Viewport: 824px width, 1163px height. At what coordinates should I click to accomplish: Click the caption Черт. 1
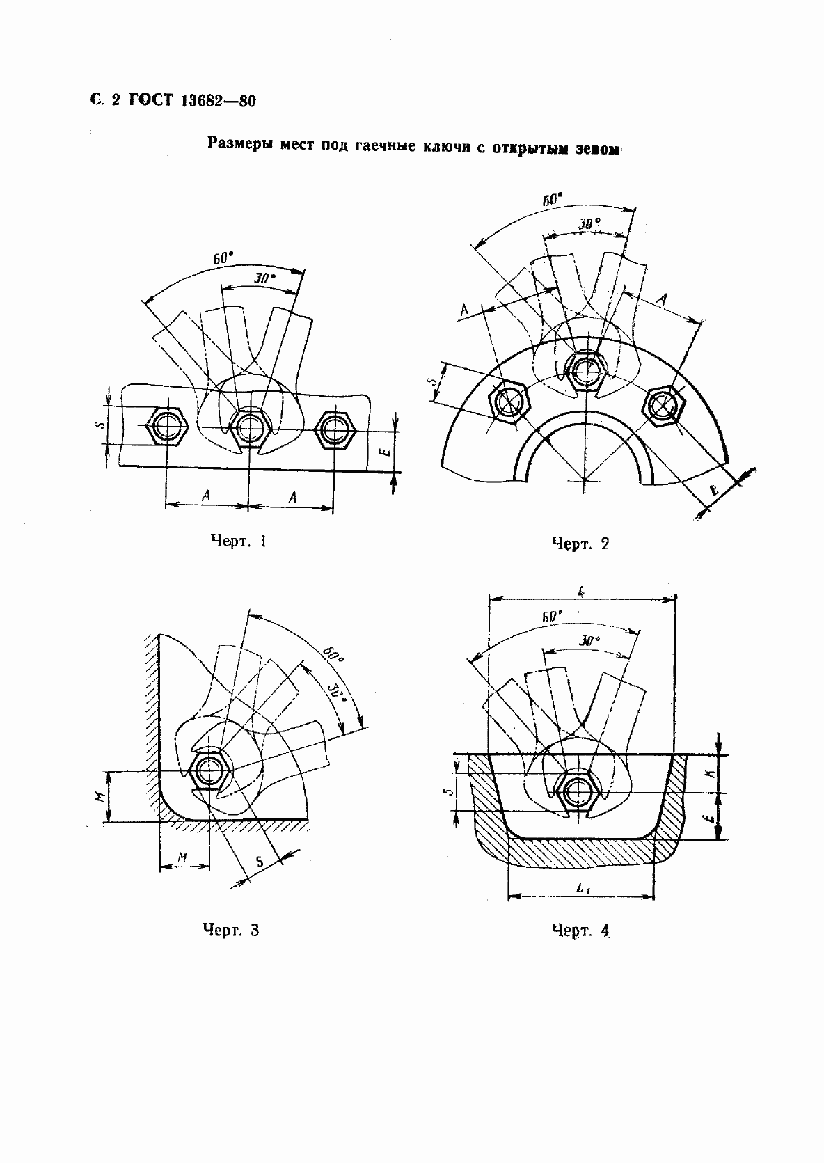point(239,541)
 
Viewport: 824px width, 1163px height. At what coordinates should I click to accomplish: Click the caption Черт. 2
point(580,544)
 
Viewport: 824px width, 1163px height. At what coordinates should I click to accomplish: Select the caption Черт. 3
point(231,929)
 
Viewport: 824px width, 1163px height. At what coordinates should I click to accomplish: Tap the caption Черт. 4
point(580,930)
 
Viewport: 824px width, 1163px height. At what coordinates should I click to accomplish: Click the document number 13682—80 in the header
point(218,101)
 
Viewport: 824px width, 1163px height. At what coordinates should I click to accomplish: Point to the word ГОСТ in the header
point(150,100)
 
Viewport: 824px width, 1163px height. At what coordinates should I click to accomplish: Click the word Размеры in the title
point(240,143)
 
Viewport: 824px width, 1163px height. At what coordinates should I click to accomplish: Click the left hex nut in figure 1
point(167,426)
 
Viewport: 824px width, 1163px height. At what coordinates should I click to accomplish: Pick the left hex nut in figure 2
point(509,402)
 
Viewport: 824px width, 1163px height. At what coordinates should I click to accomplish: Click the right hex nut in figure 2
point(664,406)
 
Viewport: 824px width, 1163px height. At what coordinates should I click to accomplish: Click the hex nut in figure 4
point(576,792)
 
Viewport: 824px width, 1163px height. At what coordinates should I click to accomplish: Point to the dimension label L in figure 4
point(582,590)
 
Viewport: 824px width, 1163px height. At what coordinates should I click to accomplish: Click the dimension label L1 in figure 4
point(583,889)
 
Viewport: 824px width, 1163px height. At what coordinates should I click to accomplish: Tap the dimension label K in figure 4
point(712,773)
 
